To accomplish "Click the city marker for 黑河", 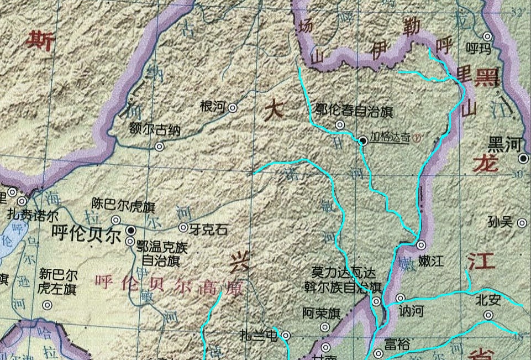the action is (523, 159).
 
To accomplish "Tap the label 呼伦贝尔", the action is (86, 234).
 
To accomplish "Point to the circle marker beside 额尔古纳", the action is (160, 147).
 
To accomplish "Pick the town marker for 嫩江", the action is (421, 244).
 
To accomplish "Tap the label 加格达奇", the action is (390, 137).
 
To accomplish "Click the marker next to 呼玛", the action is (487, 36).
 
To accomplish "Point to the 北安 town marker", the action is (488, 315).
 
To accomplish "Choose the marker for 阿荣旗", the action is (325, 327).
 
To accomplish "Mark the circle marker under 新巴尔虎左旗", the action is (48, 305).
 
